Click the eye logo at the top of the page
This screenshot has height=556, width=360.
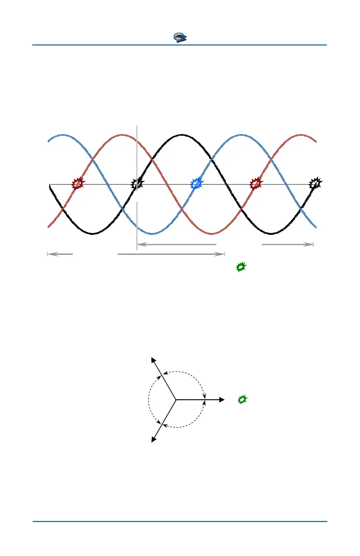(181, 38)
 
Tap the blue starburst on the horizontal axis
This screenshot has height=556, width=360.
(196, 184)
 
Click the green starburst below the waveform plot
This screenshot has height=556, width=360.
(241, 267)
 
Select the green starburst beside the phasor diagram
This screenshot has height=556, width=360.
(243, 400)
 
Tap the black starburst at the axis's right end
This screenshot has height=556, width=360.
(315, 184)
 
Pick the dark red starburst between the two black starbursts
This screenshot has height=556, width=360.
(256, 184)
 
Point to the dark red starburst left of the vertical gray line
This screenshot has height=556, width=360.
(79, 184)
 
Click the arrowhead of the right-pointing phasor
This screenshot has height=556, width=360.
(222, 400)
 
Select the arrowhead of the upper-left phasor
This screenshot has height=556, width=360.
(153, 361)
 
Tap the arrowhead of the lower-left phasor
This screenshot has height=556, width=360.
(153, 439)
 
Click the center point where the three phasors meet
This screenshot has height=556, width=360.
(176, 400)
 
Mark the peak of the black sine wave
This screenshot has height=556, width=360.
(182, 135)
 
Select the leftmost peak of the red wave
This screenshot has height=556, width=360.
(122, 135)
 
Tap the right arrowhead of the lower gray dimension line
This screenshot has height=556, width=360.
(222, 254)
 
